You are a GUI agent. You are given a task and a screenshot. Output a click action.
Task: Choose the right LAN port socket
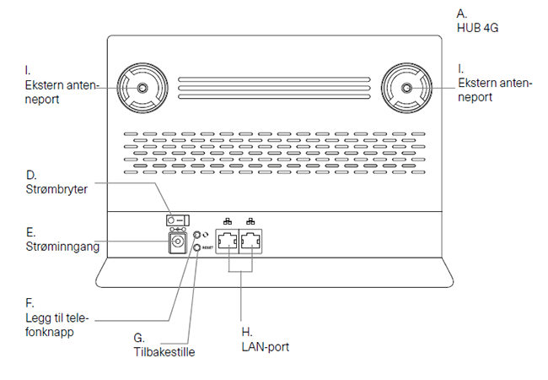tap(250, 243)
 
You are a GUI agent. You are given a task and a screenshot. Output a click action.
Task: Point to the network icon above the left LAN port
tap(228, 222)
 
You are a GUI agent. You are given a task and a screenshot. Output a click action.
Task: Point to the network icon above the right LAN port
tap(250, 222)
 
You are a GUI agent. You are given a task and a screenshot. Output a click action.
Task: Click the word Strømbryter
tap(56, 188)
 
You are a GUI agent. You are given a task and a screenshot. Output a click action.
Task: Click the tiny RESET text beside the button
tap(207, 249)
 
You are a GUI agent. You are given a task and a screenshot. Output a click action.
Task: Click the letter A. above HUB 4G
tap(461, 14)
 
